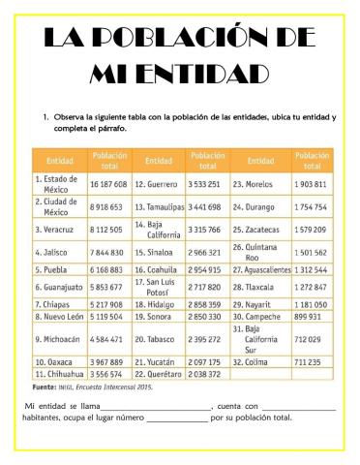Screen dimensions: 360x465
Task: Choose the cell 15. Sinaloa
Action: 155,252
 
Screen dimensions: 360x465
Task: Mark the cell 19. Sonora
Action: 154,316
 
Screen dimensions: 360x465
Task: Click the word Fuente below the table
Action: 45,386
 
